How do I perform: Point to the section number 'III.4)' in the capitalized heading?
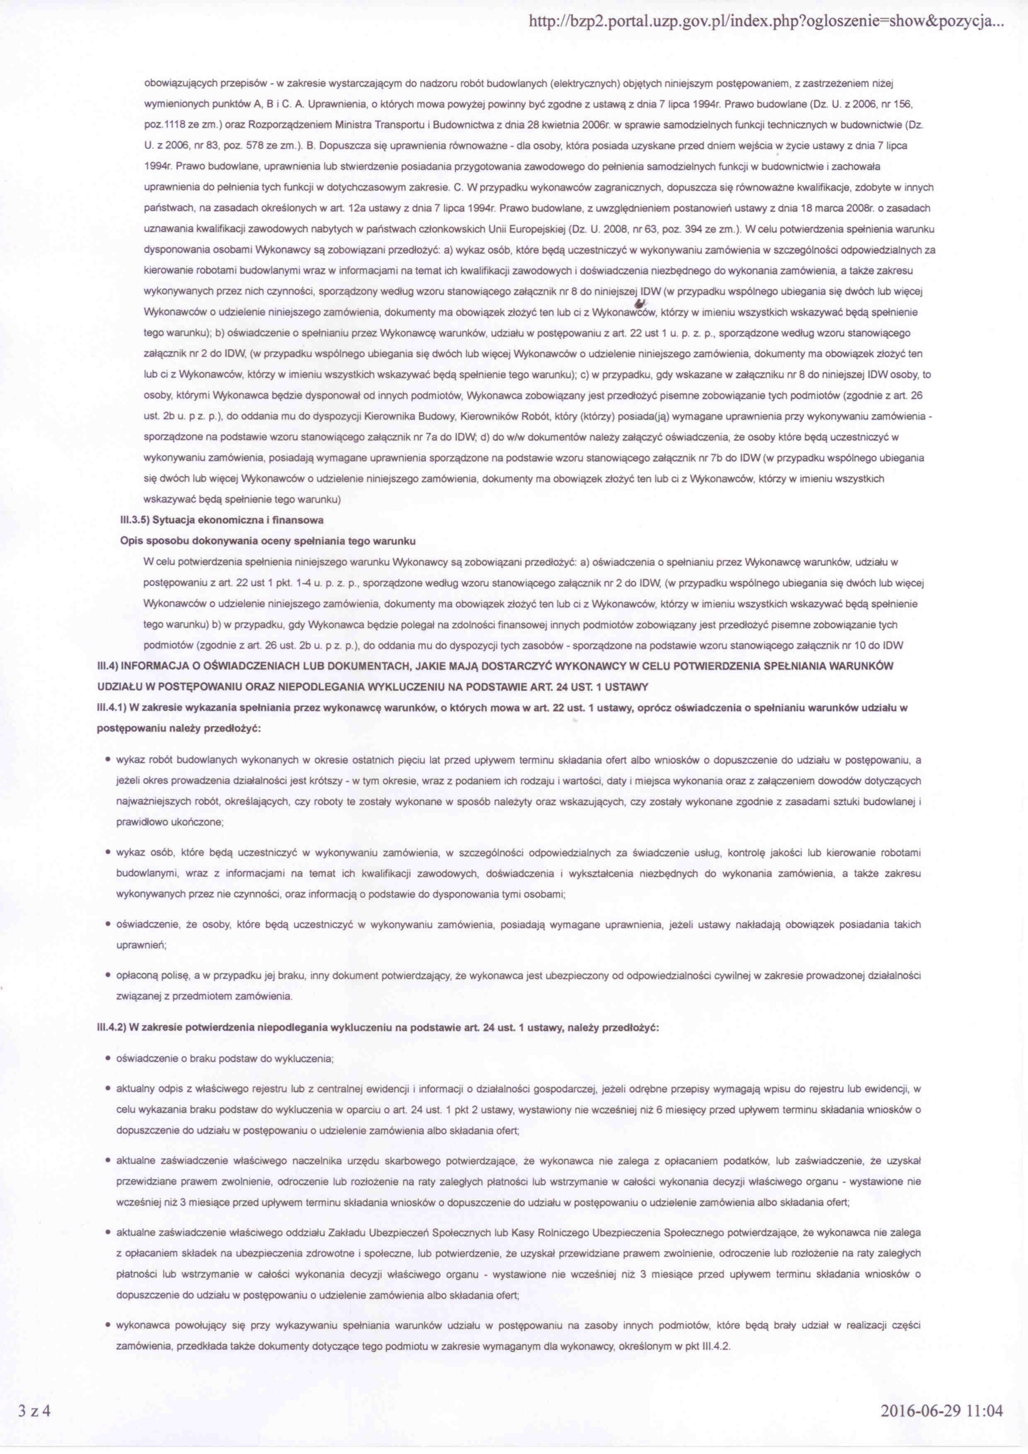coord(107,666)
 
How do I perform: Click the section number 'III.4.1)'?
coord(111,708)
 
